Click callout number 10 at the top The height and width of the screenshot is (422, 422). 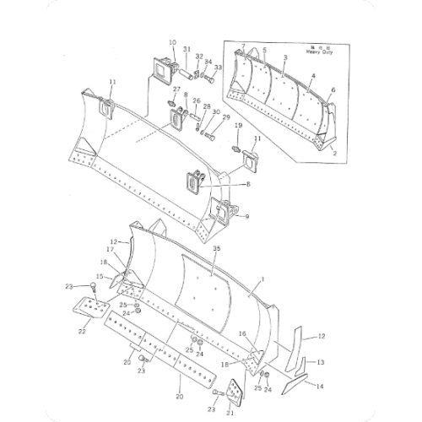pyautogui.click(x=172, y=42)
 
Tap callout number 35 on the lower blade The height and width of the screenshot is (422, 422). pyautogui.click(x=217, y=250)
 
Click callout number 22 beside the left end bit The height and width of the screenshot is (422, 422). pyautogui.click(x=82, y=332)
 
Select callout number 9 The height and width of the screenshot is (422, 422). pyautogui.click(x=246, y=217)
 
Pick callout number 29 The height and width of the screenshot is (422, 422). pyautogui.click(x=226, y=117)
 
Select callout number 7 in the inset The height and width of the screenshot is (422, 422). pyautogui.click(x=243, y=45)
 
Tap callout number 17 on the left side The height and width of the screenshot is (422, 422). pyautogui.click(x=110, y=250)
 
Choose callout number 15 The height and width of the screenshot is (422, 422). pyautogui.click(x=98, y=276)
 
